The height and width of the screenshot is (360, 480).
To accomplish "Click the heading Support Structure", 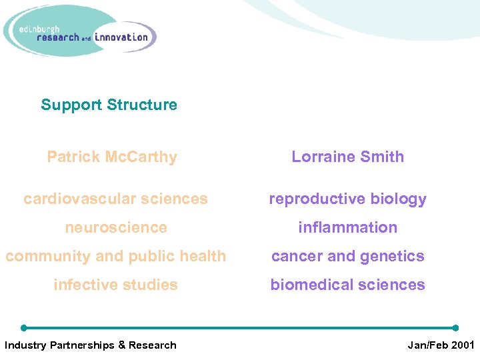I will coord(109,105).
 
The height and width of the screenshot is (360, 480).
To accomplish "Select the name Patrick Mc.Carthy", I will coord(112,157).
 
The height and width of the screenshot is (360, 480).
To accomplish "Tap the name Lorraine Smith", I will coord(347,157).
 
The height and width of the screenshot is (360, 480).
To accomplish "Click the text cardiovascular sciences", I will coord(115,199).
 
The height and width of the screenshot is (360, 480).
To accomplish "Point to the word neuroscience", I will coord(115,227).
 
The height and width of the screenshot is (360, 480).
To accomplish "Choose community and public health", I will coord(115,256).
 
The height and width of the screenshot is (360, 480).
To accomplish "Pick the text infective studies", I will coord(115,285).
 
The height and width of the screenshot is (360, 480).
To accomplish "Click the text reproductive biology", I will coord(347,199).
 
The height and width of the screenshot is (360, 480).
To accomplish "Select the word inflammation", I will coord(347,227).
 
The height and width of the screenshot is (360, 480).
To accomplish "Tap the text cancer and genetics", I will coord(347,256).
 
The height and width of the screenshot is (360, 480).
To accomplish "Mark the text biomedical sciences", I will coord(347,285).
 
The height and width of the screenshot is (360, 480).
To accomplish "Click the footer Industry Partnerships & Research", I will coord(90,345).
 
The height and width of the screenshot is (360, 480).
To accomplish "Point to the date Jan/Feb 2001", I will coord(440,345).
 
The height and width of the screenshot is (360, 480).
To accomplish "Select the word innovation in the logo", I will coord(121,37).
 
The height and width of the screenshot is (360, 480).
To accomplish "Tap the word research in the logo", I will coord(58,38).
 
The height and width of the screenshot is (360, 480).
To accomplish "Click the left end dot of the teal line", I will coord(24,328).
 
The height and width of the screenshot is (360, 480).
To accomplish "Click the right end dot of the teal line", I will coord(455,328).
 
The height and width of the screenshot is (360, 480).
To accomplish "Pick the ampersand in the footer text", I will coord(121,345).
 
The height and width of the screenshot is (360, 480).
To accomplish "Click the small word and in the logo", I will coord(86,39).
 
